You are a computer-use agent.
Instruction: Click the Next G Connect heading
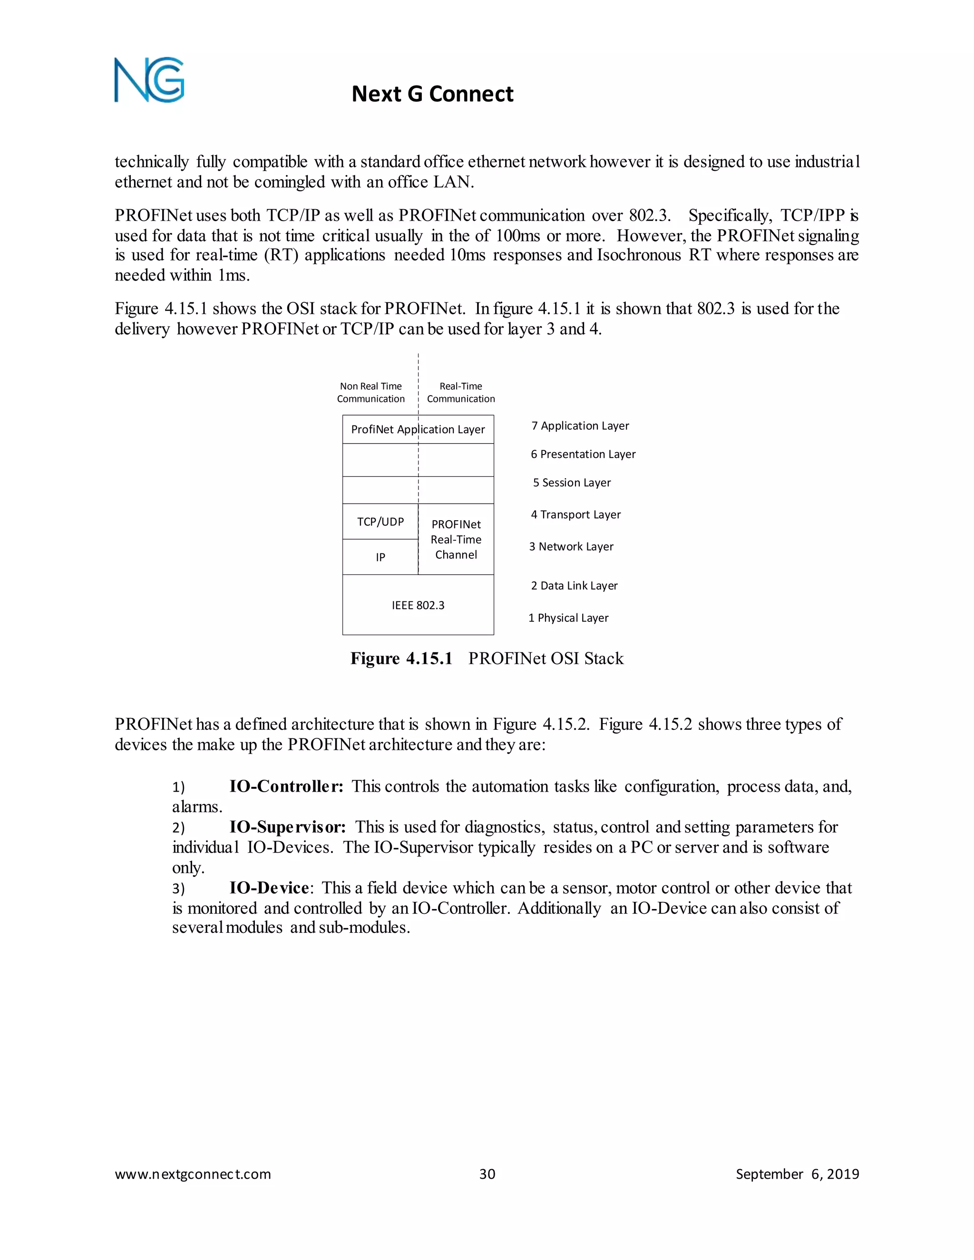[432, 94]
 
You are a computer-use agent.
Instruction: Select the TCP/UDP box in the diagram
[380, 522]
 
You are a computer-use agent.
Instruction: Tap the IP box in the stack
[380, 557]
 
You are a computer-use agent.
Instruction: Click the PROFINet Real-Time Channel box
[456, 540]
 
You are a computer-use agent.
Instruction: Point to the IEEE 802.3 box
[418, 605]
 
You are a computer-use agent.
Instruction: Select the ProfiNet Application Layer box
[418, 429]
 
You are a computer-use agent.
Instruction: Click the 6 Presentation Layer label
[583, 454]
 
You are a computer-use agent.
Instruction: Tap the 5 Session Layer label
[571, 482]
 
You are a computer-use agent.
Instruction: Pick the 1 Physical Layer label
[568, 618]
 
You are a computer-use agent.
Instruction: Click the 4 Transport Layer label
[575, 514]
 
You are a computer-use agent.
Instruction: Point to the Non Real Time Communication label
[370, 392]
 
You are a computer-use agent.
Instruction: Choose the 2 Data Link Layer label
[574, 586]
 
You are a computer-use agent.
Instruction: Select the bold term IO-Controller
[286, 786]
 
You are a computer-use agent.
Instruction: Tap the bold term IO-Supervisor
[287, 827]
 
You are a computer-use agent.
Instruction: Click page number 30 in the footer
[487, 1174]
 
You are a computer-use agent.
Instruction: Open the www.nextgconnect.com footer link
[193, 1174]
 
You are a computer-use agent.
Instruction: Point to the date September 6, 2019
[797, 1174]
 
